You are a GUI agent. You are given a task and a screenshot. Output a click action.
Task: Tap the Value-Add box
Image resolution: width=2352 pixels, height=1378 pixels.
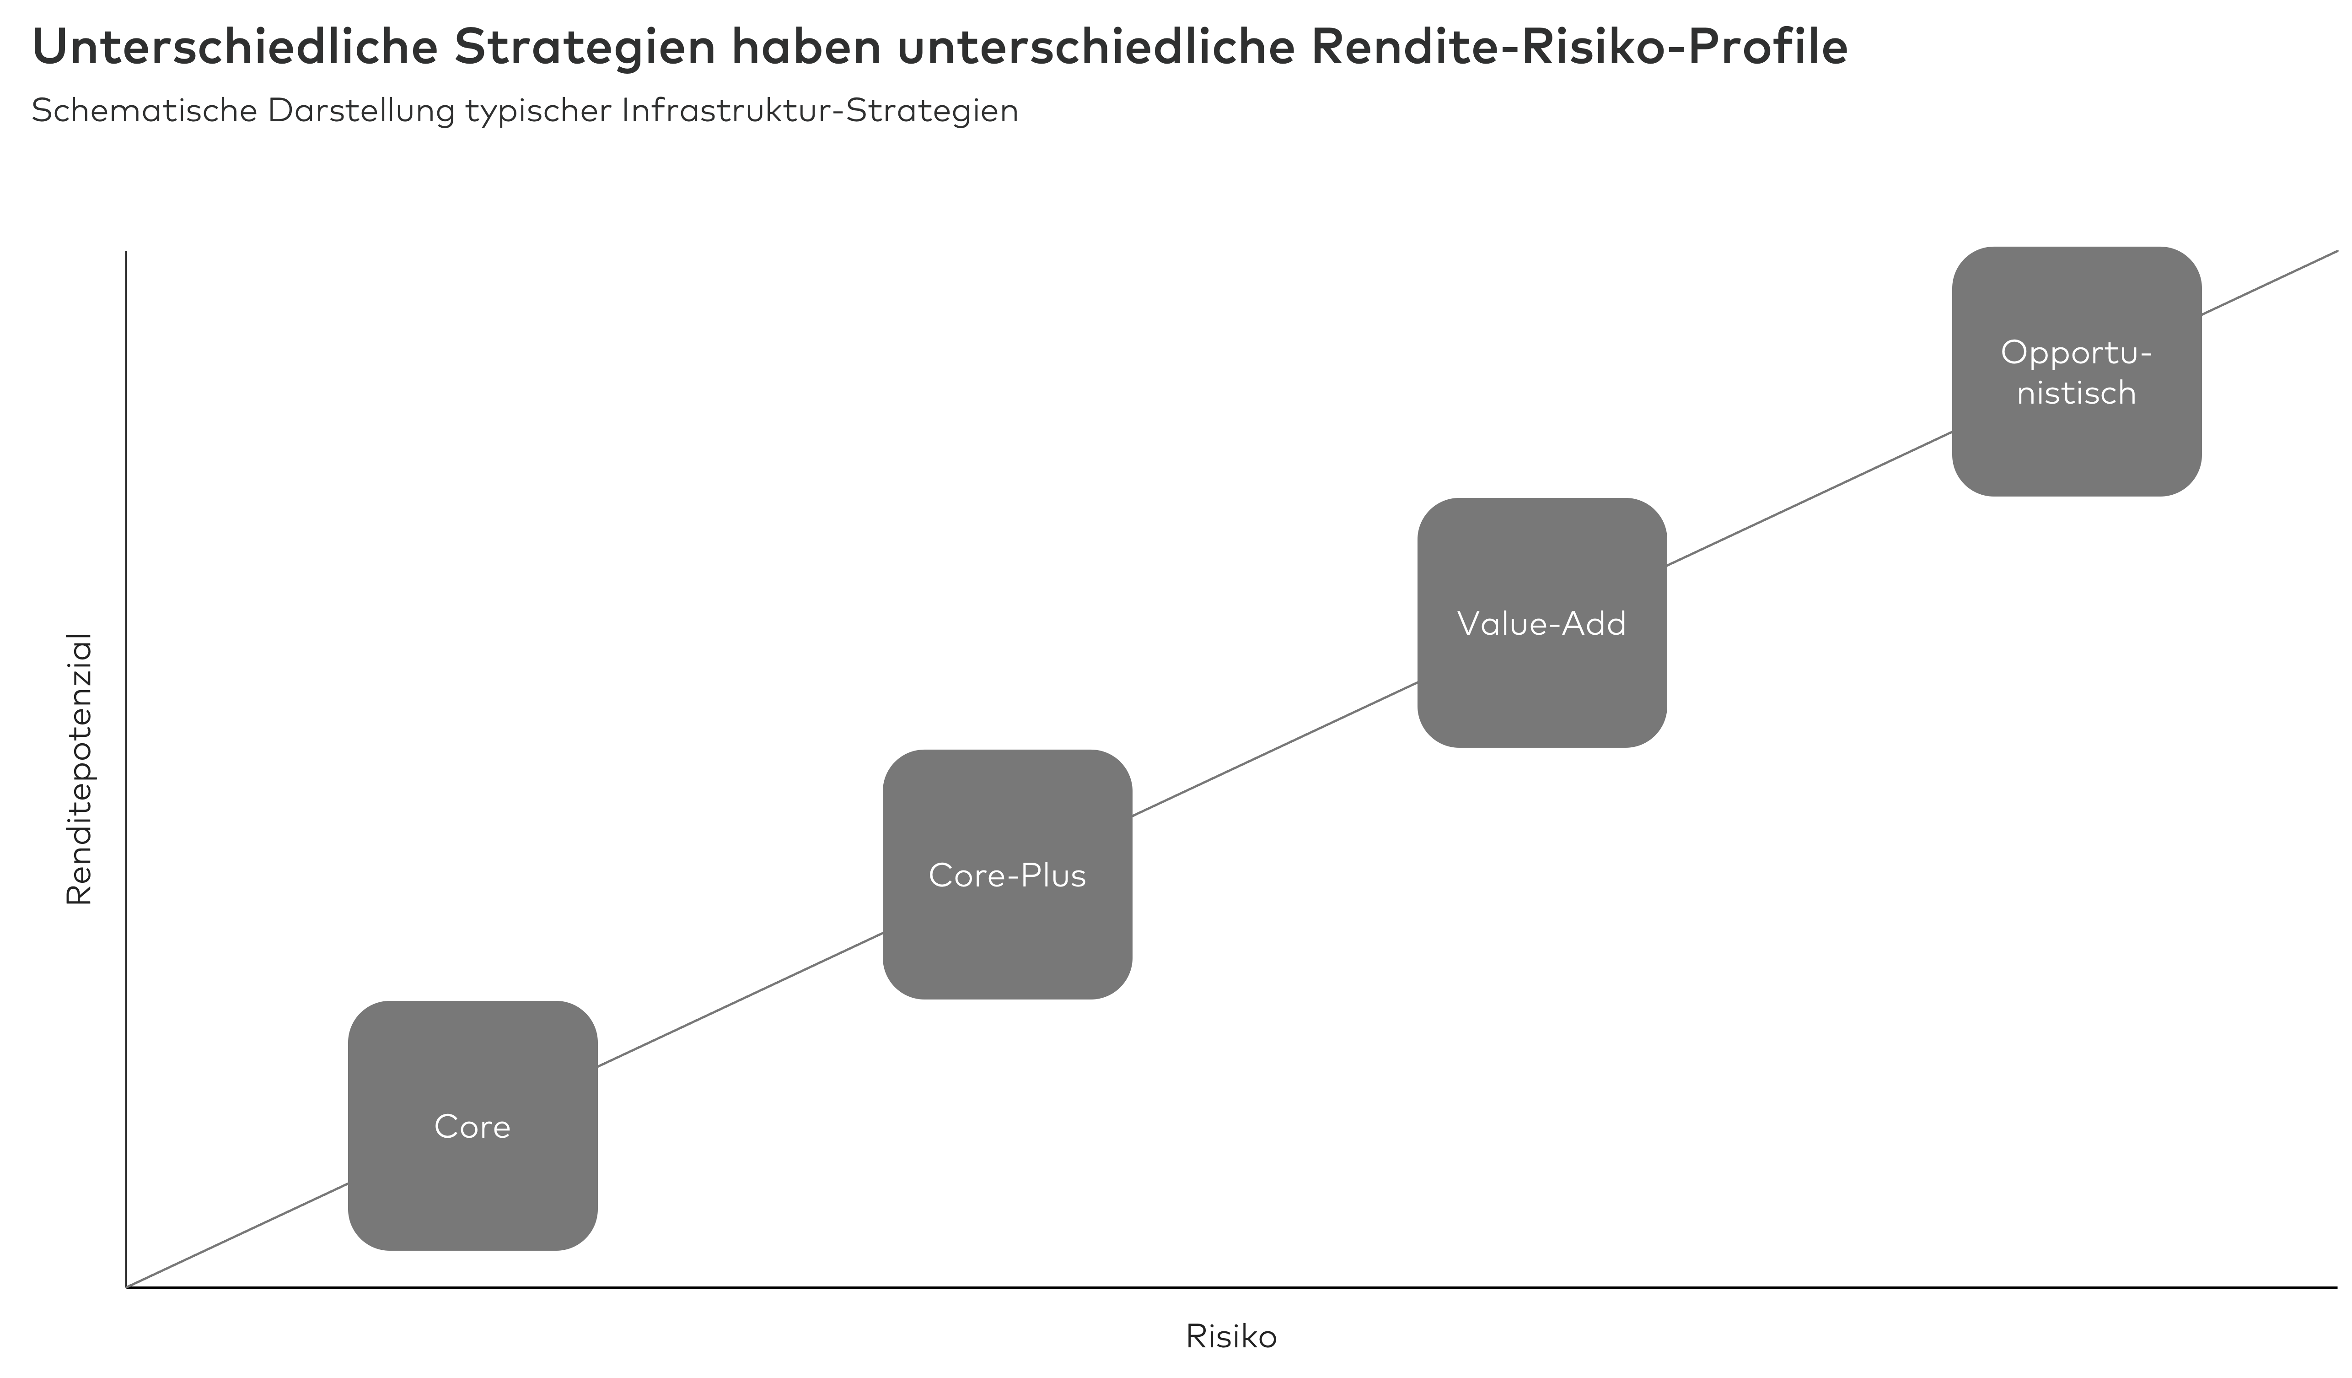[1542, 623]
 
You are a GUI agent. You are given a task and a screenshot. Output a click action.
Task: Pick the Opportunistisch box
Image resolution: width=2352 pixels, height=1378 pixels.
[2077, 372]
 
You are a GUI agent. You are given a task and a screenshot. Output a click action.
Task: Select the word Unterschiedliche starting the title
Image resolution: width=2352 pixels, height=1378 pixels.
[234, 49]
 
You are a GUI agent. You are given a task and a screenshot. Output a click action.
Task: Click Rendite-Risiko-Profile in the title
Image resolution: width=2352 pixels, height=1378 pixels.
[1579, 49]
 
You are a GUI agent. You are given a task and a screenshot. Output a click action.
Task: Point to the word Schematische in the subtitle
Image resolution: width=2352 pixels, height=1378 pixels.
[144, 111]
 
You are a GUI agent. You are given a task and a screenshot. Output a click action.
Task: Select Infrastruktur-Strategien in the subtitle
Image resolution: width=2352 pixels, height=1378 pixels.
[820, 111]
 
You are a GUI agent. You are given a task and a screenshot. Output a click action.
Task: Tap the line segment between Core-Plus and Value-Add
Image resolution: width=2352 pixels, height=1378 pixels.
[1275, 749]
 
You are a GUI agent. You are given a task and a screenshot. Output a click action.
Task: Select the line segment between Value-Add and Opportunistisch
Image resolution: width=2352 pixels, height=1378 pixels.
[1810, 497]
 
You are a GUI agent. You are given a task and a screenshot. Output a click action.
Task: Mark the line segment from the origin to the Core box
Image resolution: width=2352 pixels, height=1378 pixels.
[237, 1235]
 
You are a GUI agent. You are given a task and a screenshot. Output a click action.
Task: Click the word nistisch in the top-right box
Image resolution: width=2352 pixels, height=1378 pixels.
[2077, 393]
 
